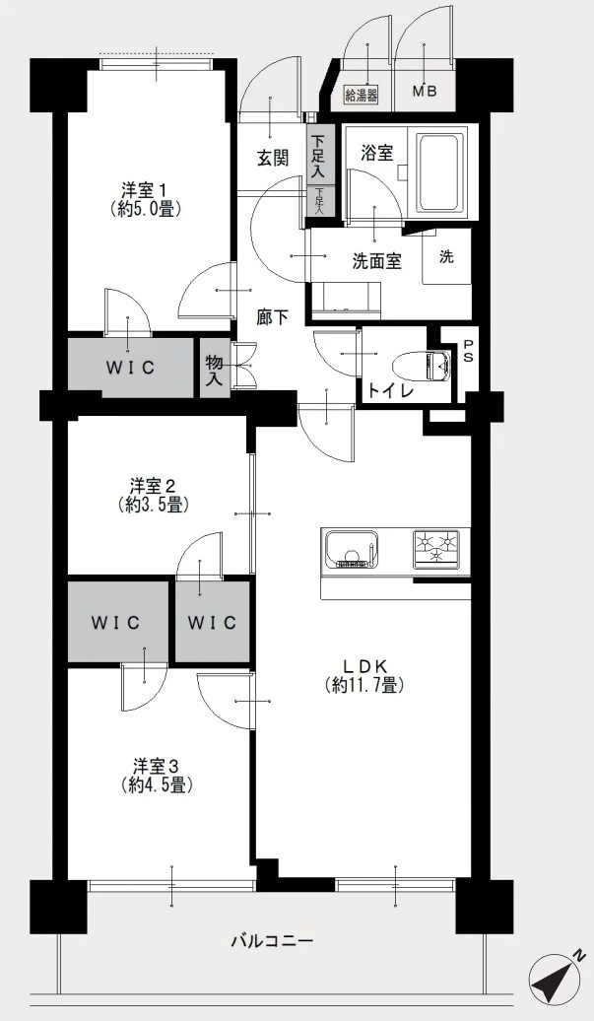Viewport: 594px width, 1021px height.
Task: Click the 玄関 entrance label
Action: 273,158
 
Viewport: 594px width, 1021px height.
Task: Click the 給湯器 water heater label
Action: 362,95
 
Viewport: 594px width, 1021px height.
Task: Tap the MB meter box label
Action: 425,91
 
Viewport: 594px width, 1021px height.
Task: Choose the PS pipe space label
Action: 469,351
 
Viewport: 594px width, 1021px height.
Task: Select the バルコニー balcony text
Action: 273,941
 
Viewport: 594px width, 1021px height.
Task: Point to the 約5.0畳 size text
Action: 145,208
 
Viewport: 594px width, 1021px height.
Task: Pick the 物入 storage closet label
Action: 214,370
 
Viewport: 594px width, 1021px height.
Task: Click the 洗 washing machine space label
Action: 445,256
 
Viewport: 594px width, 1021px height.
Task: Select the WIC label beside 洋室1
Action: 131,368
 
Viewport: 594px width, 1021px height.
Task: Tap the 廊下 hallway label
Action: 271,317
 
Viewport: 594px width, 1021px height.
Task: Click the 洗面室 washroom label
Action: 376,261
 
